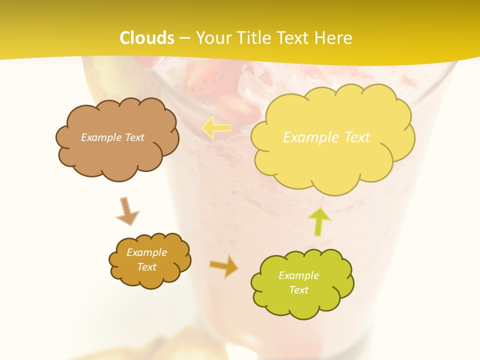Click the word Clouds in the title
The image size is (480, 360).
click(x=147, y=38)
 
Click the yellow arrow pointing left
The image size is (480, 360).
click(x=216, y=127)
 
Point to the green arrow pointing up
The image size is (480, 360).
click(x=320, y=221)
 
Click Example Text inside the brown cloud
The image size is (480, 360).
click(x=112, y=137)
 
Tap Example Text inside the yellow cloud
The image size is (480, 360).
click(x=326, y=137)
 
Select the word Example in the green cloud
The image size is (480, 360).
click(x=298, y=275)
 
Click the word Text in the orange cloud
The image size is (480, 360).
click(x=147, y=267)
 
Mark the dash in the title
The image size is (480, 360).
click(x=184, y=38)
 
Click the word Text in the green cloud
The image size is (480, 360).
click(x=298, y=290)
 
